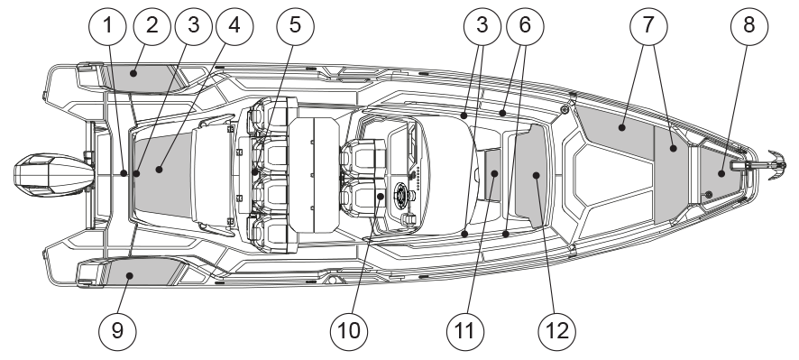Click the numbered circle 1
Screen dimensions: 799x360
pos(107,26)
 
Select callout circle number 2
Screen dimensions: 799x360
pos(152,26)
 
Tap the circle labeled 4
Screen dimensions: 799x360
pos(234,26)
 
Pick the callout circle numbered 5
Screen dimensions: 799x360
pos(296,26)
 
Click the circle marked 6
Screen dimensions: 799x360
pos(525,26)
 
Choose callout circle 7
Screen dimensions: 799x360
pos(648,26)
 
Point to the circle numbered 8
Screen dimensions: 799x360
pos(749,26)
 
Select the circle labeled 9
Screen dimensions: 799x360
pos(118,332)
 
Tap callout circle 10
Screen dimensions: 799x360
pos(349,332)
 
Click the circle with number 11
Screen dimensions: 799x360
pos(465,332)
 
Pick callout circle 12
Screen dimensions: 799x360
pos(557,332)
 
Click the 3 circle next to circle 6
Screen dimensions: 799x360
pos(482,26)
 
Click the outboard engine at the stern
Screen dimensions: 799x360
pos(54,175)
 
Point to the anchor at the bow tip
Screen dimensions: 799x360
pos(776,165)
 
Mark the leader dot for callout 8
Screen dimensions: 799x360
pos(721,174)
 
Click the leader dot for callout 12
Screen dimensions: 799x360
pos(536,175)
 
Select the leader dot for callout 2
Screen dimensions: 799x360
pos(133,73)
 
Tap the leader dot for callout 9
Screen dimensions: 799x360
pos(130,276)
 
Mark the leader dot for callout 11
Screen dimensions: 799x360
pos(494,174)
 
